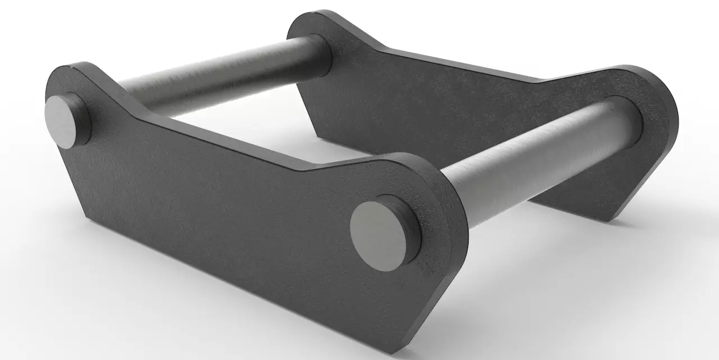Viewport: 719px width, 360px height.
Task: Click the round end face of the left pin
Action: coord(60,121)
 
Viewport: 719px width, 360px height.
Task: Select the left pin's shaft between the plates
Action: coord(219,79)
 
